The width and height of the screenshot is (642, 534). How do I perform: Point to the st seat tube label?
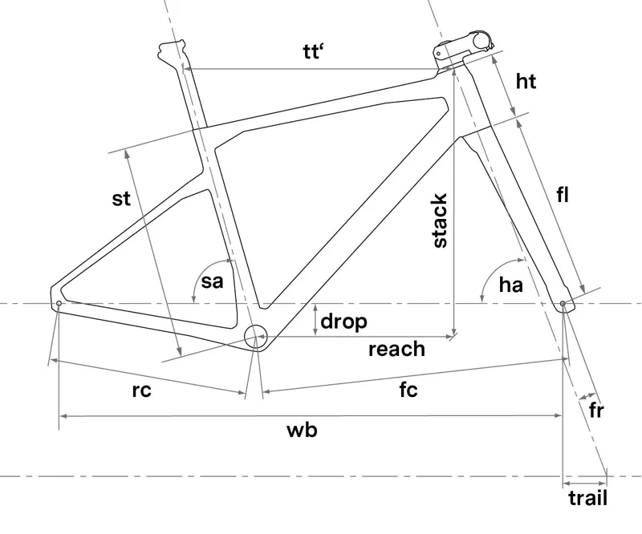[x=120, y=198]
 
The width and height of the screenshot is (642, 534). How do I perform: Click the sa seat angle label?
[x=212, y=281]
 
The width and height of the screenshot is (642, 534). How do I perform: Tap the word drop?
[x=343, y=322]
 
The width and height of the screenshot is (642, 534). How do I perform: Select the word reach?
[x=396, y=349]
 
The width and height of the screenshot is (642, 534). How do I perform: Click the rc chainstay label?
[x=141, y=390]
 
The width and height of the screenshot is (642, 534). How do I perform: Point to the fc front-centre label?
[x=408, y=390]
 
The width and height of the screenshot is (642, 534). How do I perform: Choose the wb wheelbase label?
[x=303, y=431]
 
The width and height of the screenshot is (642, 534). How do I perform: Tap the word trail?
[x=587, y=498]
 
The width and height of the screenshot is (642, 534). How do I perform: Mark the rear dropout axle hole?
[x=58, y=304]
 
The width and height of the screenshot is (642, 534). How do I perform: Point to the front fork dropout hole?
[x=563, y=304]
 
